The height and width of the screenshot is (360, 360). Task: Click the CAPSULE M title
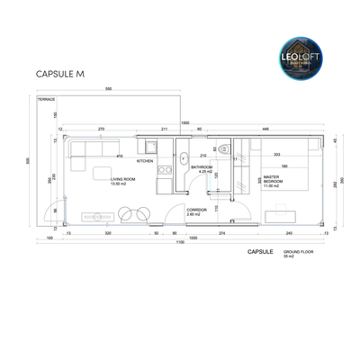59,75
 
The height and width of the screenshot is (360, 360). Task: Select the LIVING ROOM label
122,182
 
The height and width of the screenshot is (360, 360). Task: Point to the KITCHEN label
170,161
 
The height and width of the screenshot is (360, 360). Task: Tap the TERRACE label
45,99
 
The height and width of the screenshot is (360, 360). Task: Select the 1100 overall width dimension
180,243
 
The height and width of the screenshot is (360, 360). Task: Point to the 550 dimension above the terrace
108,90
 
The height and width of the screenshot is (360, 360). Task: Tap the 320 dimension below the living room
107,232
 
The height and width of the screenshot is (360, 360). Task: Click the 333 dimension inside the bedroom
277,154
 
